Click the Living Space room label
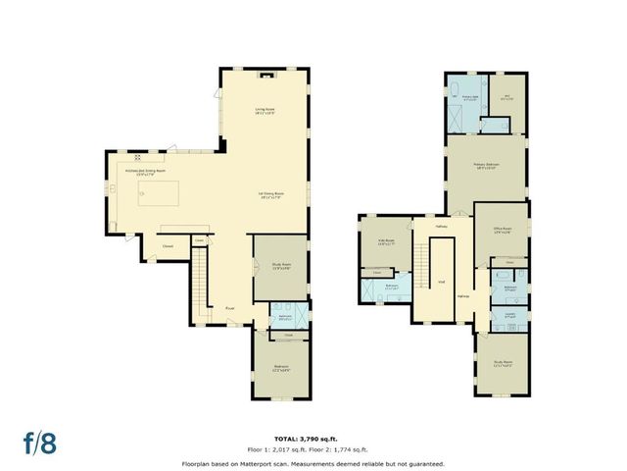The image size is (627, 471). [x=265, y=110]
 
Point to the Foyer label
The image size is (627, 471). [x=229, y=307]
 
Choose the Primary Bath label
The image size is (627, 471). [x=470, y=97]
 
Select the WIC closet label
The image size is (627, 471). [x=507, y=97]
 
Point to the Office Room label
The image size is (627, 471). [x=502, y=232]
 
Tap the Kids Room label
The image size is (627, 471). [x=385, y=241]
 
